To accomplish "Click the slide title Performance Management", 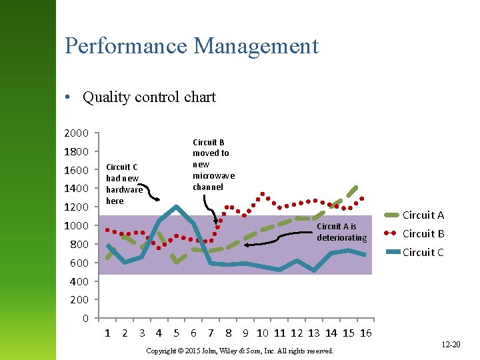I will tap(191, 46).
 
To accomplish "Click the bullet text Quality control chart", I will tap(149, 97).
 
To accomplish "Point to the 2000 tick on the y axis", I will tap(75, 133).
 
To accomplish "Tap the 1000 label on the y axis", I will tap(75, 226).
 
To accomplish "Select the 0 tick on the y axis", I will tap(85, 318).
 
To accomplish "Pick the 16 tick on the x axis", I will tap(365, 333).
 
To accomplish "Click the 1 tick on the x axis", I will tap(107, 333).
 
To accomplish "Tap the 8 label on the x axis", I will tap(228, 333).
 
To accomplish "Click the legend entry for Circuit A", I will tap(423, 215).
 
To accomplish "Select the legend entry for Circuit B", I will tap(423, 233).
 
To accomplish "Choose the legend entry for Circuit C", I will tap(423, 252).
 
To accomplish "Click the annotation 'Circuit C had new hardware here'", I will tap(123, 183).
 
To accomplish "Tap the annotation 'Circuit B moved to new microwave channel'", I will tap(213, 164).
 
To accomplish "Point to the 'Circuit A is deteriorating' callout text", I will tap(341, 232).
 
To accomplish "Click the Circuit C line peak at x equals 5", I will tap(176, 207).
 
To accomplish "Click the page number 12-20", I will tap(451, 344).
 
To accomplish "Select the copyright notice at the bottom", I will tap(239, 351).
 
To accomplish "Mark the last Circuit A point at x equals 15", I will tap(357, 187).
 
